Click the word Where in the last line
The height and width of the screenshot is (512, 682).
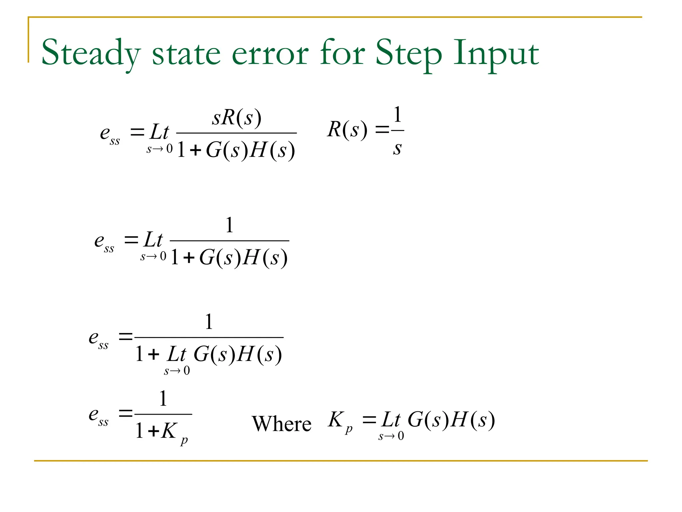click(281, 424)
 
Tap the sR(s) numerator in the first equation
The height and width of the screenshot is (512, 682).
click(237, 118)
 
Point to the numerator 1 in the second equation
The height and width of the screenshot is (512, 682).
click(229, 225)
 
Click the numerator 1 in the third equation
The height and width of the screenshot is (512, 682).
click(209, 322)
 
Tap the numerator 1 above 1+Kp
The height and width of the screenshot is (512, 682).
click(163, 398)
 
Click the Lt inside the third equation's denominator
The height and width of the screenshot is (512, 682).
click(176, 354)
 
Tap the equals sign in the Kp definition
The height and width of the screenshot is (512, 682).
click(369, 420)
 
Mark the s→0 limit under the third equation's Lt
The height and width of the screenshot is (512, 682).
click(177, 371)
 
